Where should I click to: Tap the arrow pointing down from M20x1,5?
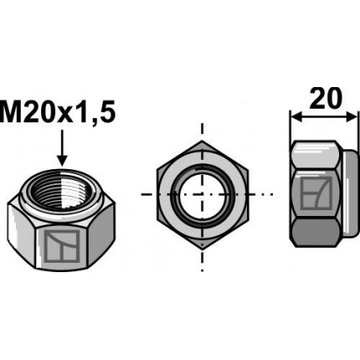(x=61, y=152)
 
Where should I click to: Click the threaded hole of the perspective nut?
(x=60, y=183)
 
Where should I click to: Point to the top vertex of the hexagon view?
(x=201, y=144)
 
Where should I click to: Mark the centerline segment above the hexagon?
(x=201, y=130)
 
